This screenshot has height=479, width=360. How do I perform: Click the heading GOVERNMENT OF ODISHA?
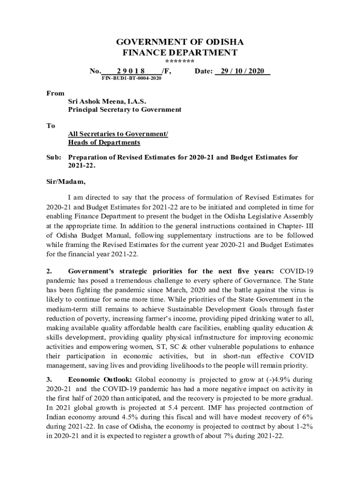(180, 42)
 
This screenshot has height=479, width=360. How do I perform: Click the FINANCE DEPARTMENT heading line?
(180, 52)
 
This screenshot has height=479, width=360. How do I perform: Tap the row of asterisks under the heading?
(180, 62)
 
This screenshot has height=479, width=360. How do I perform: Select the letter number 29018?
(131, 71)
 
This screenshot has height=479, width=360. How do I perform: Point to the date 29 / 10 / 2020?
(243, 71)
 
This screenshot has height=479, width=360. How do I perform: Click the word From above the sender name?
(56, 94)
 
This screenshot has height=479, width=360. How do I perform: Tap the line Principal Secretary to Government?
(124, 109)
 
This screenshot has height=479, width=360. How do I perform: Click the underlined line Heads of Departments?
(104, 142)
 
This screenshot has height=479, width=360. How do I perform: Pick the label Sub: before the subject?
(54, 158)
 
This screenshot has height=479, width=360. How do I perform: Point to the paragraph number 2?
(49, 271)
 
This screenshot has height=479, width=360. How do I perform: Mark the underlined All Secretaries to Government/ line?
(118, 134)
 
